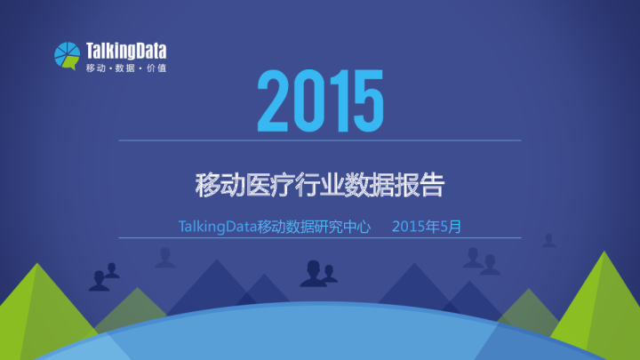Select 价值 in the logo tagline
(156, 68)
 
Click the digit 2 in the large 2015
(274, 101)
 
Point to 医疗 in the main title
(268, 186)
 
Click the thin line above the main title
(320, 140)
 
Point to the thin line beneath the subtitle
(320, 238)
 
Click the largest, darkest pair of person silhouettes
(316, 274)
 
